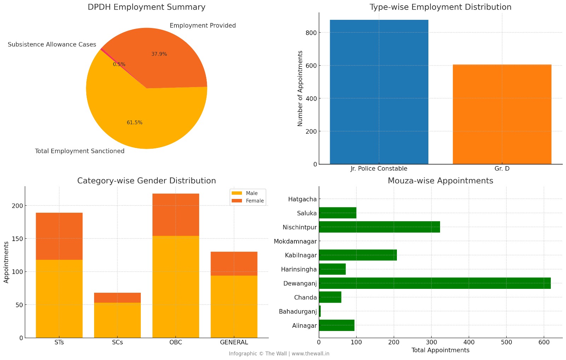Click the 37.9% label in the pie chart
tap(159, 54)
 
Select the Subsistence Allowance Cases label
tap(52, 45)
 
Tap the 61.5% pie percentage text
tap(134, 123)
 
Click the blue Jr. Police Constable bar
tap(379, 92)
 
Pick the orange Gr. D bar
tap(502, 114)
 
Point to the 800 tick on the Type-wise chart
tap(311, 33)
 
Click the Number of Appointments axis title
tap(300, 88)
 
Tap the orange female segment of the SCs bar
tap(117, 298)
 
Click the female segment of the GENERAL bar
tap(234, 264)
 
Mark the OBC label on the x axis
tap(175, 342)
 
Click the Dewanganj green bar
tap(435, 283)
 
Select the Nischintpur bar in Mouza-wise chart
tap(379, 227)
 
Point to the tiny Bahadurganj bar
tap(320, 312)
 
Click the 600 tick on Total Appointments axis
tap(544, 342)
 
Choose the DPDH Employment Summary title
tap(146, 7)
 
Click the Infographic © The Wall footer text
tap(279, 354)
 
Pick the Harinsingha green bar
tap(332, 269)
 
